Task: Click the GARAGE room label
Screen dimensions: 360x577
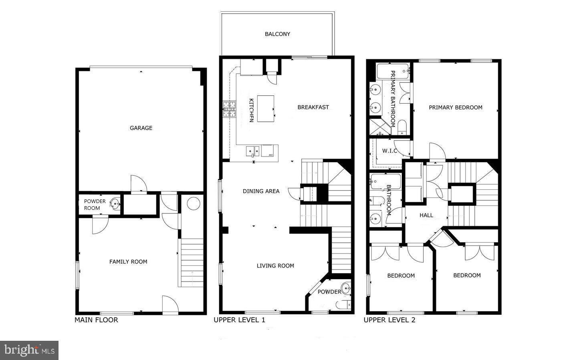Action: point(141,128)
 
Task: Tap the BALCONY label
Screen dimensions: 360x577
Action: point(277,34)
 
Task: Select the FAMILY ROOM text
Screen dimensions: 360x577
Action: point(128,261)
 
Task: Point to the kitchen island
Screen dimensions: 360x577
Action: point(266,109)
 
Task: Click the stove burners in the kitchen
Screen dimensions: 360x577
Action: point(230,109)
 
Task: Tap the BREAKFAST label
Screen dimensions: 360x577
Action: point(313,107)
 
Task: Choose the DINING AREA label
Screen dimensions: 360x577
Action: point(261,191)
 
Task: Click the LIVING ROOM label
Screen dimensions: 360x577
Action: point(275,265)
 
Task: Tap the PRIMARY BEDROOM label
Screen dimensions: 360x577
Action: point(456,107)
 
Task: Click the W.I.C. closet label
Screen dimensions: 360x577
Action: point(389,151)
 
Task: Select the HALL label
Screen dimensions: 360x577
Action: point(426,215)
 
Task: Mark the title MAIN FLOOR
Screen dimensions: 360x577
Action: point(96,320)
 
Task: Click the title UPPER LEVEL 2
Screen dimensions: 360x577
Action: point(389,320)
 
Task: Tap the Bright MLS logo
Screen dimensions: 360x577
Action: point(29,350)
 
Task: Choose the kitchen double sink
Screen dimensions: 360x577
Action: point(252,151)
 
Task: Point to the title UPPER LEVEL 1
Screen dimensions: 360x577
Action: point(239,320)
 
